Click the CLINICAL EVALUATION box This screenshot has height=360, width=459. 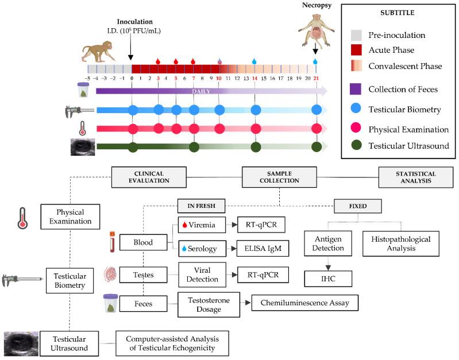tap(149, 177)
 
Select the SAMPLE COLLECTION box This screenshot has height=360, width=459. tap(279, 177)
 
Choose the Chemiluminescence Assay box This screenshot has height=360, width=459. tap(304, 302)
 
